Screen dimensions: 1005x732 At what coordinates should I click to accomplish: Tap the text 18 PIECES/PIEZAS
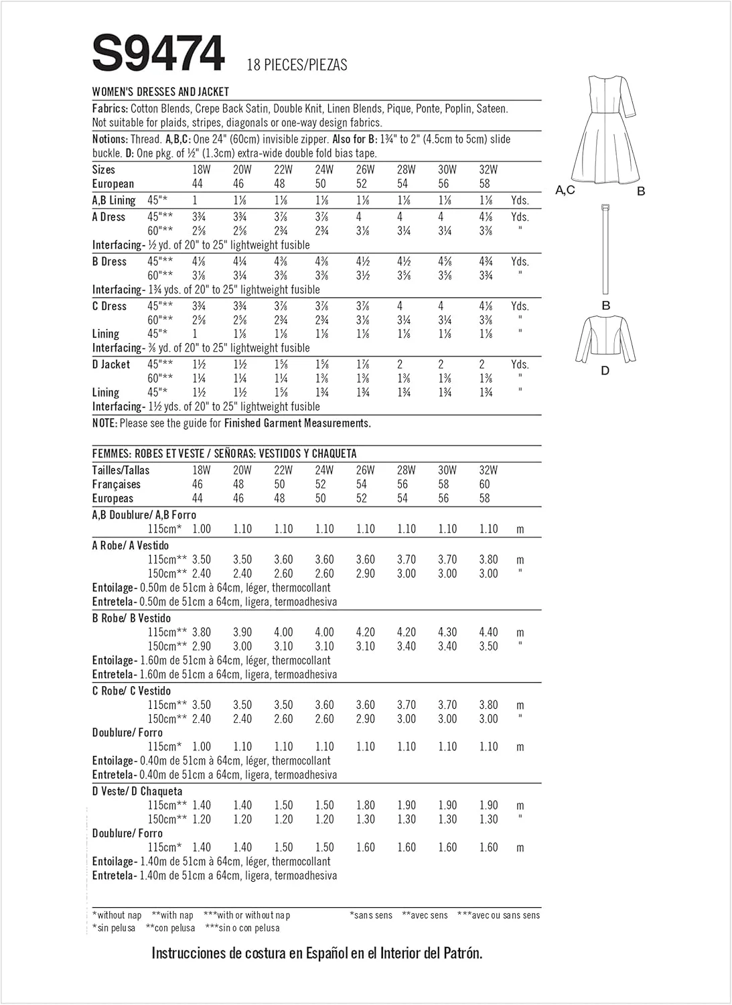point(297,65)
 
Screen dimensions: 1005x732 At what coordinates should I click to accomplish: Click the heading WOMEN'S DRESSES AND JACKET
point(161,92)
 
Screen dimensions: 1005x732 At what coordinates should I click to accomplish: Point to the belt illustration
point(605,249)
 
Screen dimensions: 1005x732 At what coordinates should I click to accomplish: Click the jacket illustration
point(605,338)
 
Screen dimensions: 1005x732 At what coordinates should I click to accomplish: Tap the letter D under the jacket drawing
point(605,371)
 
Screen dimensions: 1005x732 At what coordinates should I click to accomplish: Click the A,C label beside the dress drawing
point(565,190)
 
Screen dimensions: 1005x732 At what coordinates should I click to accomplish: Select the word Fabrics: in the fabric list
point(111,109)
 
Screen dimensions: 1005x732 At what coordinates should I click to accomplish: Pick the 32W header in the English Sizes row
point(488,170)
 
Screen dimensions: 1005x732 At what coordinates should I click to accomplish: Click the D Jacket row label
point(111,364)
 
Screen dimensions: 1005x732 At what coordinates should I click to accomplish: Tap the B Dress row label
point(109,261)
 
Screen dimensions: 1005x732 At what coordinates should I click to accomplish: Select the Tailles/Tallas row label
point(121,470)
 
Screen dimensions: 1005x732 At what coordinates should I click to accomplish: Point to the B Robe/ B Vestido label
point(131,618)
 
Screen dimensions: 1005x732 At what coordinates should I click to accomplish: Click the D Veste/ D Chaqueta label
point(137,791)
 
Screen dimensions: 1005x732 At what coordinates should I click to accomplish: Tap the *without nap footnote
point(117,915)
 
